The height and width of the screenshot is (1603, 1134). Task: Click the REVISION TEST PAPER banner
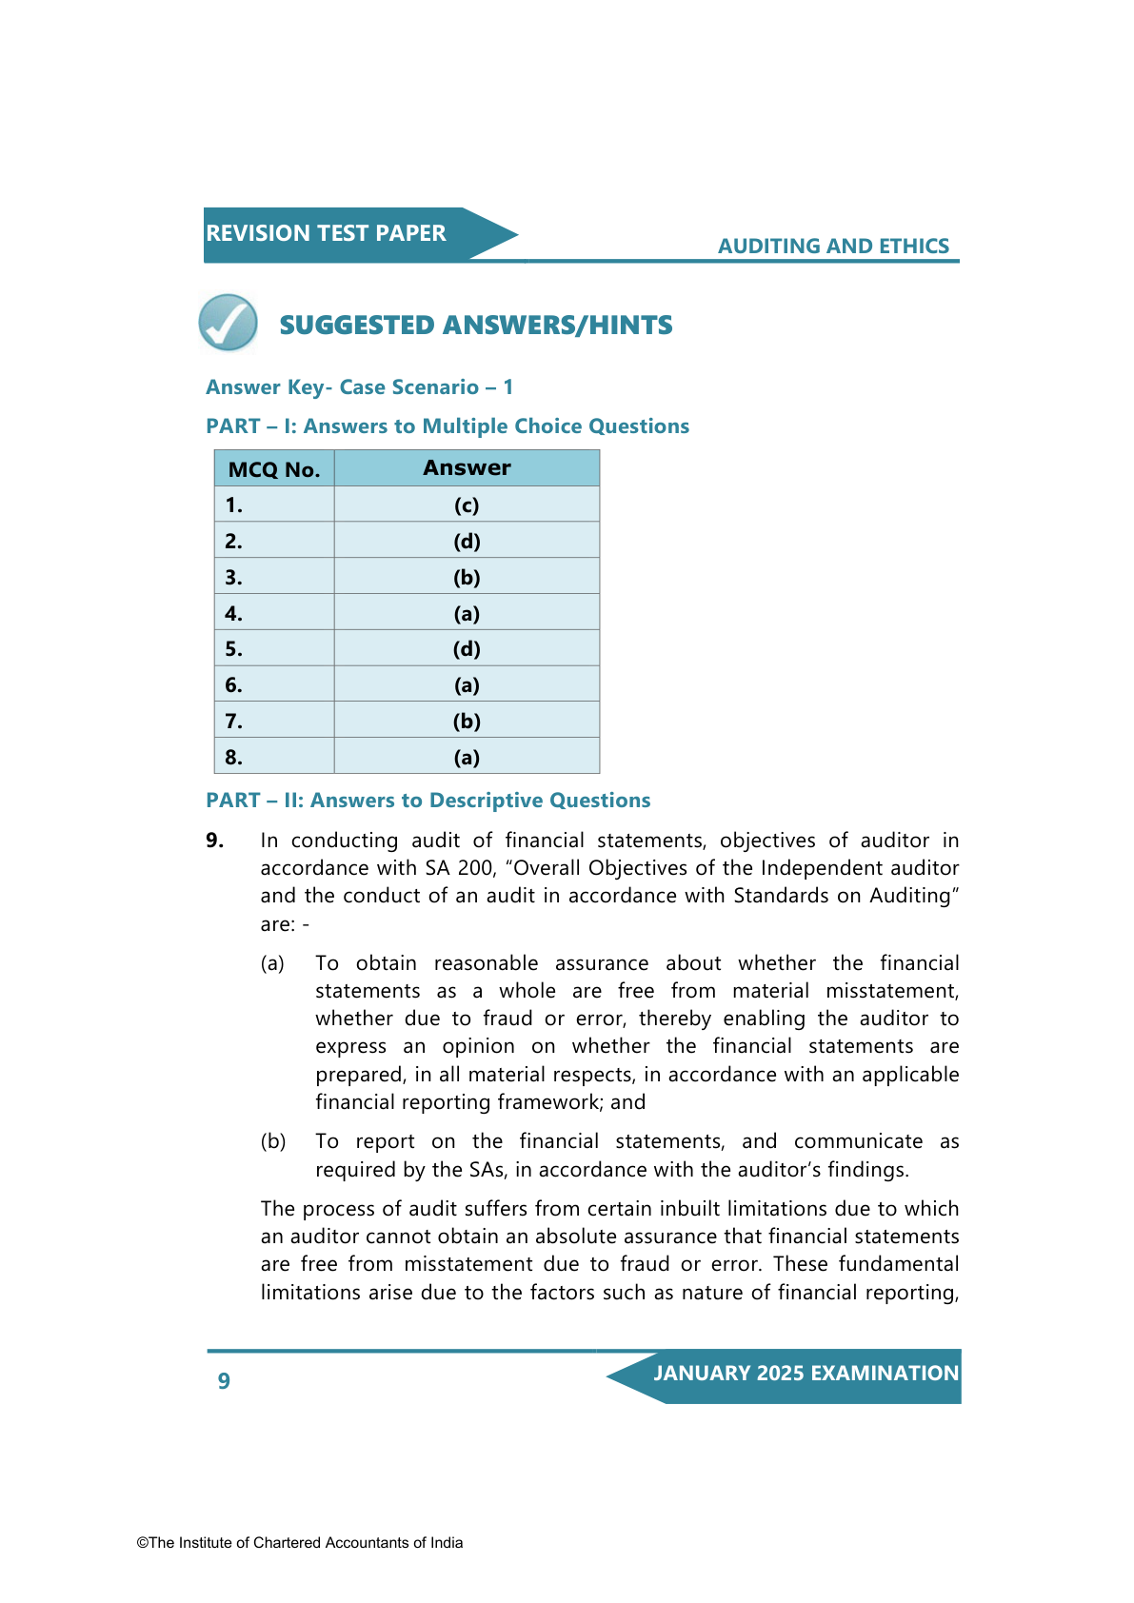pyautogui.click(x=327, y=233)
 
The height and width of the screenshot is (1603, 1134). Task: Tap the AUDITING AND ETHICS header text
pyautogui.click(x=833, y=246)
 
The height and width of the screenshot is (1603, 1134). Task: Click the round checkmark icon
pyautogui.click(x=229, y=323)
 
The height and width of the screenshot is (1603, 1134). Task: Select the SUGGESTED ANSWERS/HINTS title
pyautogui.click(x=475, y=326)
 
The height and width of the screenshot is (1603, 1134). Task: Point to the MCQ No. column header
pyautogui.click(x=274, y=469)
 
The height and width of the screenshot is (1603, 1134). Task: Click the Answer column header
pyautogui.click(x=467, y=468)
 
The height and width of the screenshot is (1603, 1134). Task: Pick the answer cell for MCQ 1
pyautogui.click(x=467, y=505)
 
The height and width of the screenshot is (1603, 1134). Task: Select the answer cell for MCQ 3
pyautogui.click(x=467, y=578)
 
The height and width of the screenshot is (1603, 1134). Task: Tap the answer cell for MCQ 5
pyautogui.click(x=467, y=649)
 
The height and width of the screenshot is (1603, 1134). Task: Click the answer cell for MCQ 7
pyautogui.click(x=467, y=722)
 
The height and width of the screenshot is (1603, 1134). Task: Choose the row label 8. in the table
pyautogui.click(x=234, y=758)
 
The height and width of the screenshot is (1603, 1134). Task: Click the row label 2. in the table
pyautogui.click(x=234, y=542)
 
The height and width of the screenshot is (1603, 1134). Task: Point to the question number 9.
pyautogui.click(x=215, y=841)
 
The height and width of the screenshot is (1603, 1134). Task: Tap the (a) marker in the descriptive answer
pyautogui.click(x=273, y=963)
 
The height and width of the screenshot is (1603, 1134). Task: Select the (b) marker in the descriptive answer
pyautogui.click(x=273, y=1141)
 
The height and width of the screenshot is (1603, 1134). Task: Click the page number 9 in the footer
pyautogui.click(x=224, y=1381)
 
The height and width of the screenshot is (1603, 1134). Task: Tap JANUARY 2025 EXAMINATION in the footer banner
pyautogui.click(x=806, y=1374)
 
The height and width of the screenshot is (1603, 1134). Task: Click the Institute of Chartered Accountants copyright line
pyautogui.click(x=300, y=1543)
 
